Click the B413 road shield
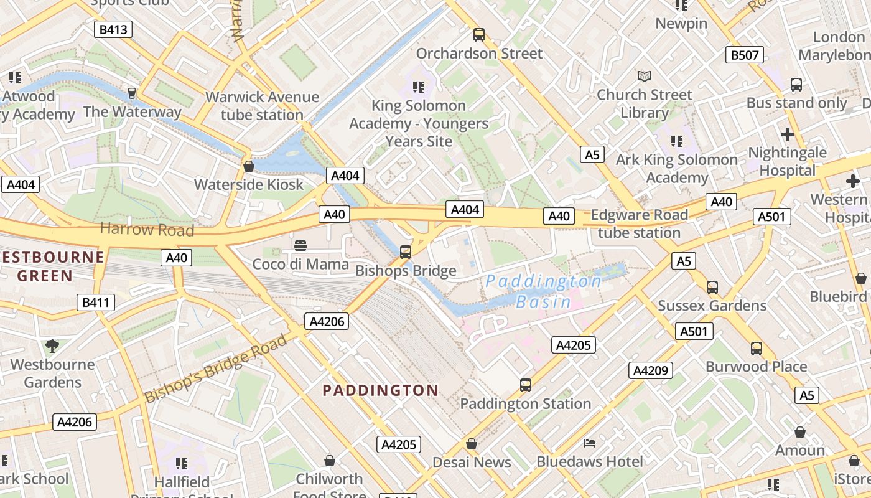(113, 29)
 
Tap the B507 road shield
(744, 55)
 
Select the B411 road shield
(96, 303)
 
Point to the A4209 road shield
(651, 370)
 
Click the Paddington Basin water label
(544, 291)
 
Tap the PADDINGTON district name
(380, 390)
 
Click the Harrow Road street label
(147, 229)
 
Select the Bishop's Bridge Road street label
(216, 367)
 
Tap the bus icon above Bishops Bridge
(406, 251)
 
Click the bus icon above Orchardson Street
(478, 35)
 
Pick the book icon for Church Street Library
(645, 77)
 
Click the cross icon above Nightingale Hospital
(787, 134)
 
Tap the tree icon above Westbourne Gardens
(52, 345)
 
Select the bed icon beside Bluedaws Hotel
(590, 443)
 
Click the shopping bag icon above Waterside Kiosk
(249, 166)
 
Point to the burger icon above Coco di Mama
(300, 245)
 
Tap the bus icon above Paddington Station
(526, 385)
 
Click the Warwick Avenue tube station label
(262, 106)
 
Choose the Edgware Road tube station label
(639, 224)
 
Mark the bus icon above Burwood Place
(756, 349)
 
